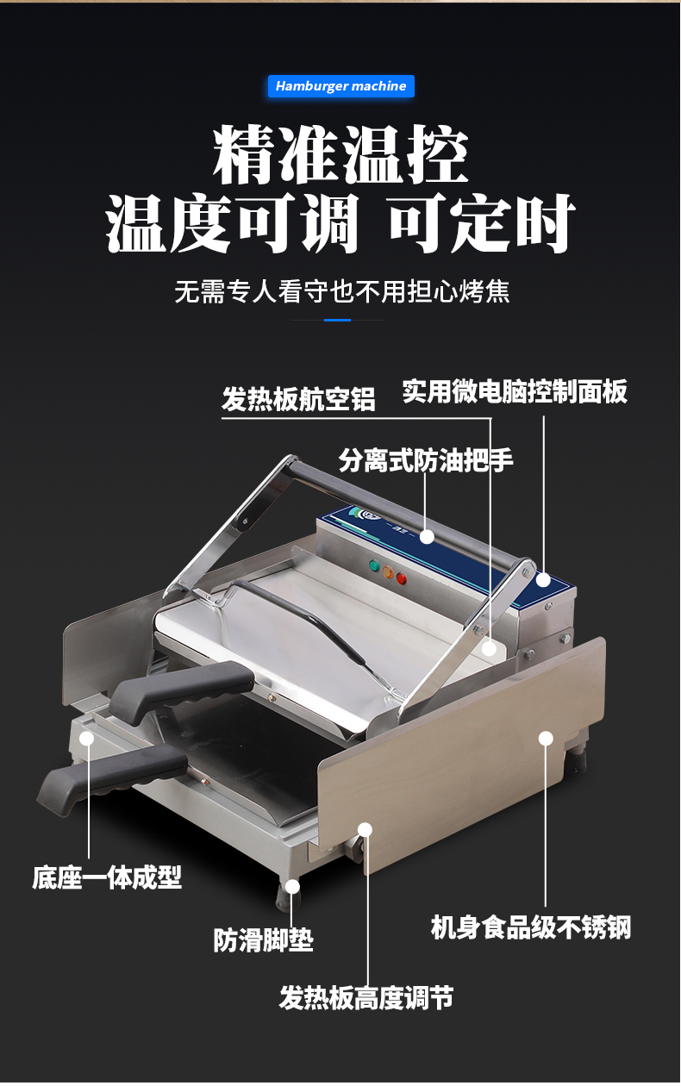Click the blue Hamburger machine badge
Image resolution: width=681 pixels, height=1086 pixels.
(341, 86)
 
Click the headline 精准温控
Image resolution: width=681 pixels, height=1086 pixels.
(340, 154)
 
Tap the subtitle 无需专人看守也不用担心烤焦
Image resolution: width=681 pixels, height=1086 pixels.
(342, 291)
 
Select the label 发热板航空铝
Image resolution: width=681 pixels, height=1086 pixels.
(298, 400)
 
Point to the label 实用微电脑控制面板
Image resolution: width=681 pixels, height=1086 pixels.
(515, 391)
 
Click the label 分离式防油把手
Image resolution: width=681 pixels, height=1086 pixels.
(426, 460)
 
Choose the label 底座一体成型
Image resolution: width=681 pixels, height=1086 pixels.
(107, 877)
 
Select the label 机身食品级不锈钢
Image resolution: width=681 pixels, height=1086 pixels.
(531, 927)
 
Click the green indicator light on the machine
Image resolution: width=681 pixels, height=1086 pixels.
(374, 565)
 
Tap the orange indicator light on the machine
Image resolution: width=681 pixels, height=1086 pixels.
(388, 571)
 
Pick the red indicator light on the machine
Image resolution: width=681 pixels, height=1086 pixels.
(402, 577)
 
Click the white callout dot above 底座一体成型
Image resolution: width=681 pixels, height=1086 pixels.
(87, 738)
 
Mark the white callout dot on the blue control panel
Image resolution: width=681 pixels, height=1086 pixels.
(543, 580)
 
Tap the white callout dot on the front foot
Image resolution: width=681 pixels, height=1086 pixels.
(292, 887)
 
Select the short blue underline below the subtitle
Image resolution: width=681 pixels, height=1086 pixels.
(338, 320)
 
